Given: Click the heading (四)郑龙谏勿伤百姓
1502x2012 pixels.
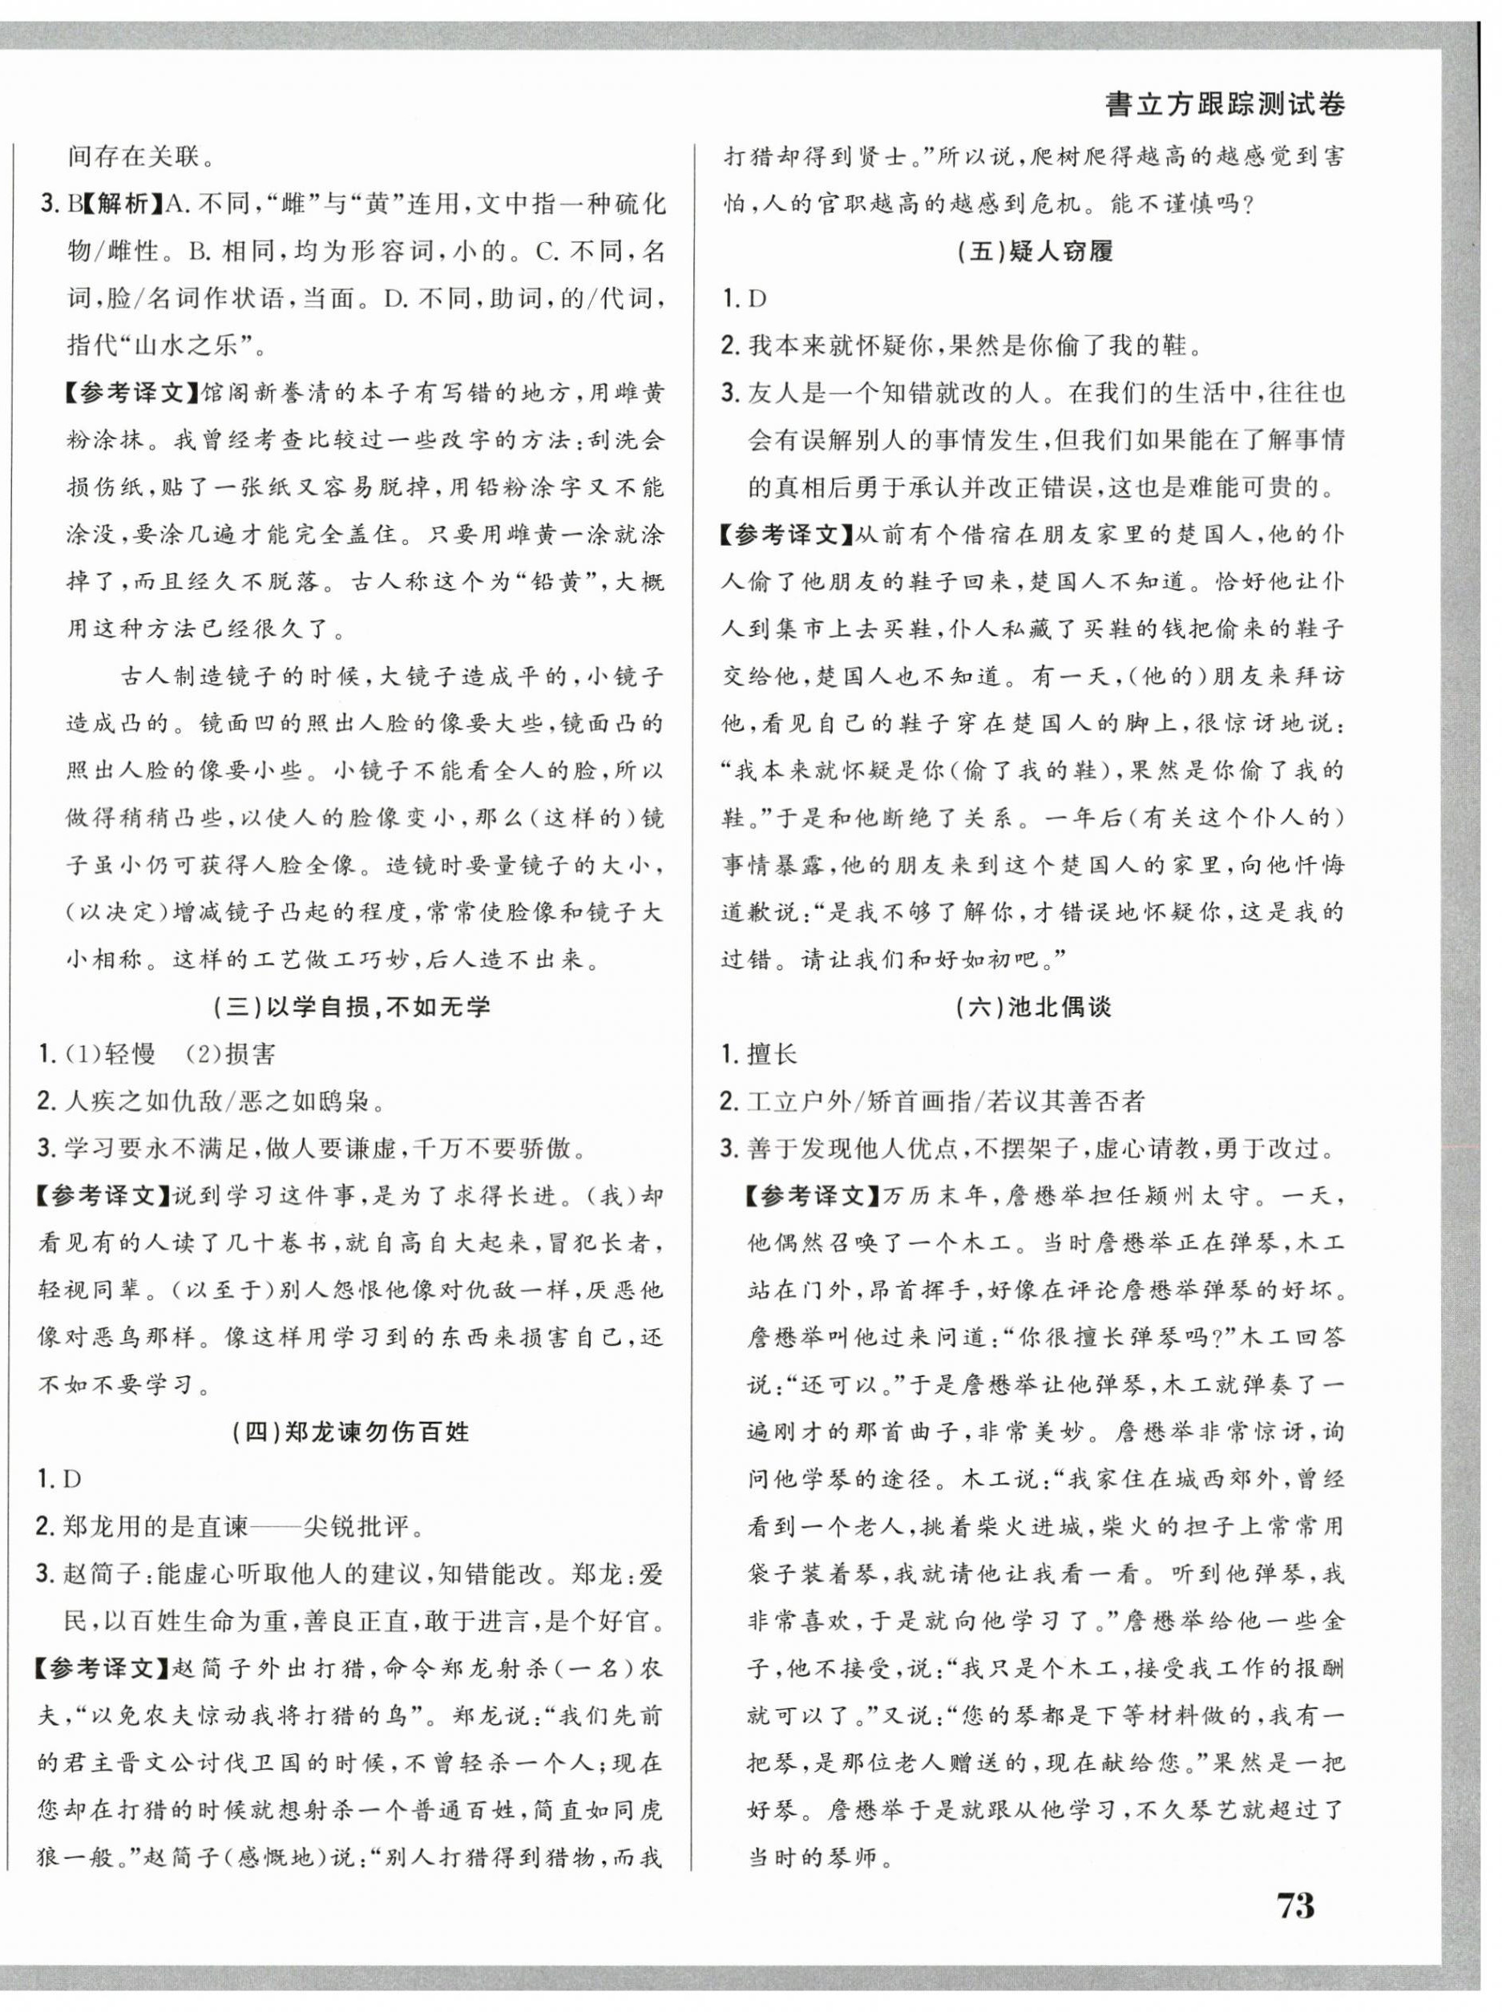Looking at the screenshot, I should (x=350, y=1431).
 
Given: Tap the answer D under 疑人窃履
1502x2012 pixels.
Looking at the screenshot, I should (x=757, y=299).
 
